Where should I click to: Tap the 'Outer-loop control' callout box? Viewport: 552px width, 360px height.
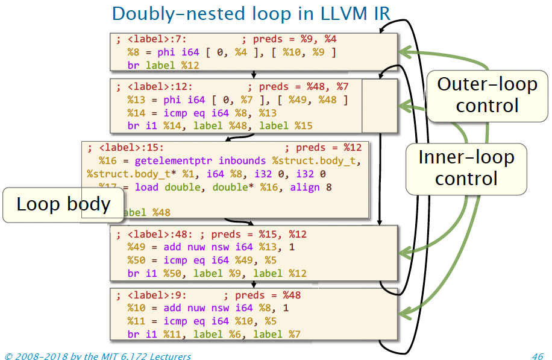(487, 94)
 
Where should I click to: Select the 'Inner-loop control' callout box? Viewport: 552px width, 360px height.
(466, 168)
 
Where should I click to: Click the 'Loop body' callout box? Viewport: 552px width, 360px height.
(63, 204)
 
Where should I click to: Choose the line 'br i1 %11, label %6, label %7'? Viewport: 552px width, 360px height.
(214, 334)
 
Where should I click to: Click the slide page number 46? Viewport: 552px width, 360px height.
(538, 356)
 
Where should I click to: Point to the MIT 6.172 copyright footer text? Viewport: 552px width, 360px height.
(98, 356)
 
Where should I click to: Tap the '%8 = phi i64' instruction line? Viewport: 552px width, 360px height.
(231, 52)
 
